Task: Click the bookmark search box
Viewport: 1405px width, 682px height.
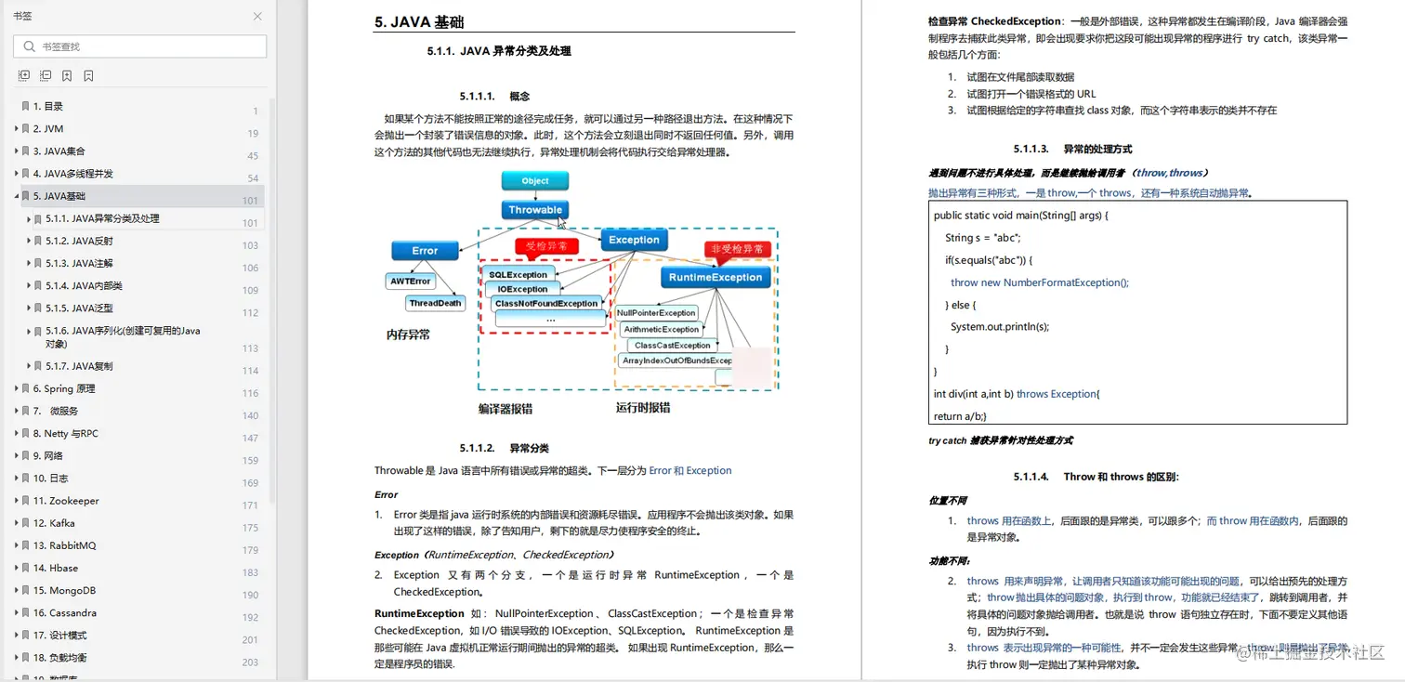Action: (x=139, y=46)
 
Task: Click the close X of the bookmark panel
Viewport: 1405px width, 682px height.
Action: (x=257, y=16)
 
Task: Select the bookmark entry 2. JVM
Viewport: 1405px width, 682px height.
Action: (x=48, y=129)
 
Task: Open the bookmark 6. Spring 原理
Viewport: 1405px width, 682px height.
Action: (x=64, y=389)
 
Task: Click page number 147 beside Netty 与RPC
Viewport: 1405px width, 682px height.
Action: (x=250, y=438)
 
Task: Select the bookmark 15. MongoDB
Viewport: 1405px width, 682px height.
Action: (x=64, y=591)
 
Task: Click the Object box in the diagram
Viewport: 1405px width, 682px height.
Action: (x=535, y=181)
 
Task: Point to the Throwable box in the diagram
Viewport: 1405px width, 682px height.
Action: (x=535, y=210)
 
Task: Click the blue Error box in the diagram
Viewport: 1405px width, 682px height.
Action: (x=425, y=251)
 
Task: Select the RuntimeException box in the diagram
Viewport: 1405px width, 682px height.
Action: (x=716, y=277)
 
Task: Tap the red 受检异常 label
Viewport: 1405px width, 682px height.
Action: (x=547, y=247)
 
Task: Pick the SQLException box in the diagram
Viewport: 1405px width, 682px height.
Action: (x=519, y=274)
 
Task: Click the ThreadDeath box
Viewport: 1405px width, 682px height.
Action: (x=435, y=303)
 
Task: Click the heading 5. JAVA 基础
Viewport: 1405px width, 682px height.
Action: (x=419, y=23)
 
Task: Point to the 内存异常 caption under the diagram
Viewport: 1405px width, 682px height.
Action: (x=409, y=334)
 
